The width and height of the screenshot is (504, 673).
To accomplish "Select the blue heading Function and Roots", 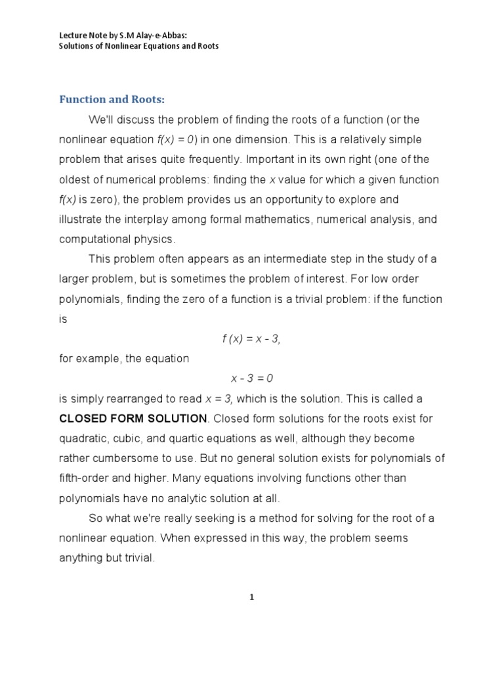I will (112, 99).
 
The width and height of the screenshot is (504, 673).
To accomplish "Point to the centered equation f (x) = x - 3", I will (251, 338).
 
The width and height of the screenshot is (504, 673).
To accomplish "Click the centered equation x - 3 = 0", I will (251, 379).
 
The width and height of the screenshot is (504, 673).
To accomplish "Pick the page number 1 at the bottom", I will (252, 597).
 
